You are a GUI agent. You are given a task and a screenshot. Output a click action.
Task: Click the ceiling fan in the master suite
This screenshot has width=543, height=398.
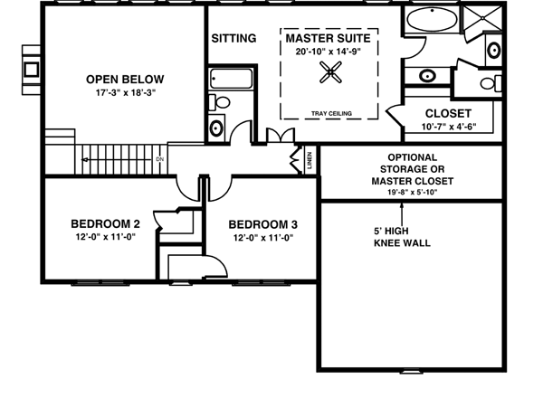point(330,72)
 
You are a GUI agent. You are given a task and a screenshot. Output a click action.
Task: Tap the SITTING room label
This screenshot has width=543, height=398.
point(233,38)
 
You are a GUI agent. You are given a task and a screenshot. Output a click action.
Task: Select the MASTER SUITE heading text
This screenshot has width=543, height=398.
point(328,38)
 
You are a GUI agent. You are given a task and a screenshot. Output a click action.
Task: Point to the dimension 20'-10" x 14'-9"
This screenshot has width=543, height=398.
point(328,52)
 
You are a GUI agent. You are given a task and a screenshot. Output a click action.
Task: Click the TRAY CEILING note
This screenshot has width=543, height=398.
point(331,113)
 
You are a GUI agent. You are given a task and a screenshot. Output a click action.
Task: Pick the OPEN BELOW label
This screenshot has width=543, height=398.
point(125,80)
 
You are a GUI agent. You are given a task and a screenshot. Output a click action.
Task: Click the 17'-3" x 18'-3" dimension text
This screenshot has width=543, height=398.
point(126,93)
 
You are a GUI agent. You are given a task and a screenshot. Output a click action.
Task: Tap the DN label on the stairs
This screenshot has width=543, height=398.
point(159,159)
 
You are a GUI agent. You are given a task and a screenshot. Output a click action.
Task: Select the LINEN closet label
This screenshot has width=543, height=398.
point(310,160)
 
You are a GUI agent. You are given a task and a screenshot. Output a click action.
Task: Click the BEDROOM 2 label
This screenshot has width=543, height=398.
point(105,224)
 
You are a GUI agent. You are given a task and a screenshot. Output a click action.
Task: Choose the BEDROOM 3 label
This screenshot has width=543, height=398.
point(262,224)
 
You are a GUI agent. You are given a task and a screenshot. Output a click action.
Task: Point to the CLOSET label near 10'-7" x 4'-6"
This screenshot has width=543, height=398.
point(448,113)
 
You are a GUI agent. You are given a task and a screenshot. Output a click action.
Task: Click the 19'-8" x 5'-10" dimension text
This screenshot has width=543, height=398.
point(412,192)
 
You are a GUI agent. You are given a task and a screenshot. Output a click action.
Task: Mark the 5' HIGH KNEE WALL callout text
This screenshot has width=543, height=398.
point(402,237)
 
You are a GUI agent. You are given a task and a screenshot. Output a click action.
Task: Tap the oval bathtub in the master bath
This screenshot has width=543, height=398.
point(432,20)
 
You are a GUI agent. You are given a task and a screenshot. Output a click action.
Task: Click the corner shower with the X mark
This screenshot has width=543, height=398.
point(482,18)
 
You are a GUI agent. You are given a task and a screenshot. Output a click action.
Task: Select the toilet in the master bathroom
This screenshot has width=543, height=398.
point(491,83)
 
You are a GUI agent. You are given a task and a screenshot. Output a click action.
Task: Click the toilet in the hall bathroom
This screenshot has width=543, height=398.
point(220,102)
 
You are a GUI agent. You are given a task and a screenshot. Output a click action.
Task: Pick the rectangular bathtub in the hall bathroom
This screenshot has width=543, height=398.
point(232,80)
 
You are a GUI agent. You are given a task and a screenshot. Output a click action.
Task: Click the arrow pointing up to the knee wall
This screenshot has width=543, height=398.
point(402,214)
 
